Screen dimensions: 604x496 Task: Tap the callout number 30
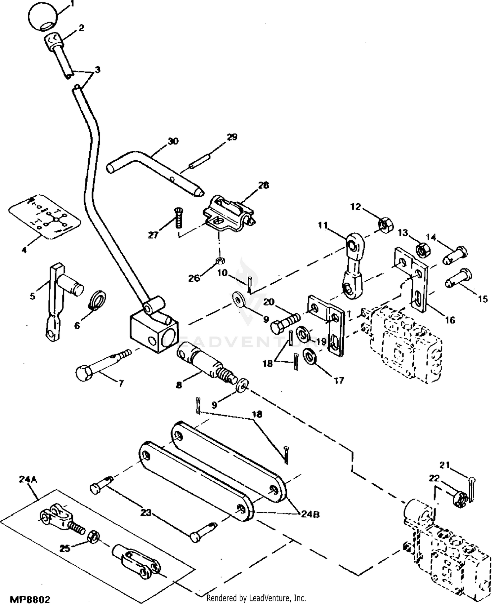[x=173, y=141]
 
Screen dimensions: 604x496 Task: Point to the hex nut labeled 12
[x=385, y=225]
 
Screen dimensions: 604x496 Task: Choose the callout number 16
[x=450, y=320]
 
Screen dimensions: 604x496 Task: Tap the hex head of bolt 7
[x=84, y=373]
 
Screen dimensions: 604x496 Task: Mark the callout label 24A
[x=28, y=479]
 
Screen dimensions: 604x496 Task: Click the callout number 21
[x=445, y=465]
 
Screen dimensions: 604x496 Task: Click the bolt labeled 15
[x=458, y=278]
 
